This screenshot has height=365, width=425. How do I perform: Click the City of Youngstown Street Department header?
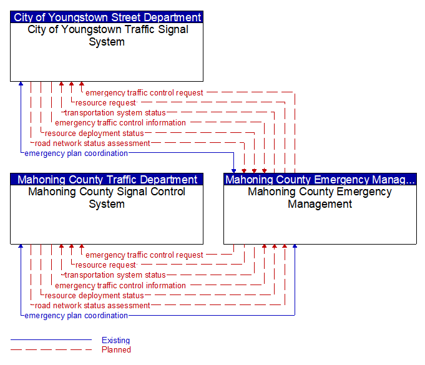[x=107, y=17]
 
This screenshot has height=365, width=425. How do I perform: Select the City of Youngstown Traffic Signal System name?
[x=107, y=36]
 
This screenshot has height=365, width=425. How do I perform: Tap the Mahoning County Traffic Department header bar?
[x=107, y=180]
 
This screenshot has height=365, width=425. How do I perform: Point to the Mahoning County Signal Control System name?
[x=107, y=198]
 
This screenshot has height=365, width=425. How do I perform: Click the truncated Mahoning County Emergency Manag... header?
[x=320, y=180]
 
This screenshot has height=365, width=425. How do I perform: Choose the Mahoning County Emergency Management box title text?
[x=320, y=198]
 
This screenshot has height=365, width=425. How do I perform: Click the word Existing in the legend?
[x=115, y=340]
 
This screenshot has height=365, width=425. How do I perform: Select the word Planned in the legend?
[x=116, y=349]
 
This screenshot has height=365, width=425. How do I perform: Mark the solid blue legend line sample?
[x=51, y=339]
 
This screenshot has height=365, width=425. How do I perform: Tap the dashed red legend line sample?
[x=51, y=349]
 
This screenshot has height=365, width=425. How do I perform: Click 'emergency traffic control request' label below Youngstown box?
[x=144, y=93]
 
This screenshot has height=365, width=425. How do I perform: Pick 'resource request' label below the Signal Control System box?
[x=105, y=265]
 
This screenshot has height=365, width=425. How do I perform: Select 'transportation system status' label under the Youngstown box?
[x=115, y=113]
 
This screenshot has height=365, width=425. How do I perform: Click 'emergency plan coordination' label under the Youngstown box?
[x=76, y=153]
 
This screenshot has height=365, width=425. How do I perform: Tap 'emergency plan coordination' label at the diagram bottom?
[x=76, y=316]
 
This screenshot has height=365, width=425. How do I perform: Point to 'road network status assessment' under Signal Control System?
[x=92, y=305]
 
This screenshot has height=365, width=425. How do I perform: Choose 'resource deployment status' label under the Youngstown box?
[x=94, y=134]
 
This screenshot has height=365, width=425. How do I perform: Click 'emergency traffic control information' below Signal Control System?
[x=120, y=286]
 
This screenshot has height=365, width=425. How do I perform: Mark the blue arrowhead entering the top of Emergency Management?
[x=233, y=171]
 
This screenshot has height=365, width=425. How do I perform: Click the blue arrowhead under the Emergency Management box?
[x=295, y=246]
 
